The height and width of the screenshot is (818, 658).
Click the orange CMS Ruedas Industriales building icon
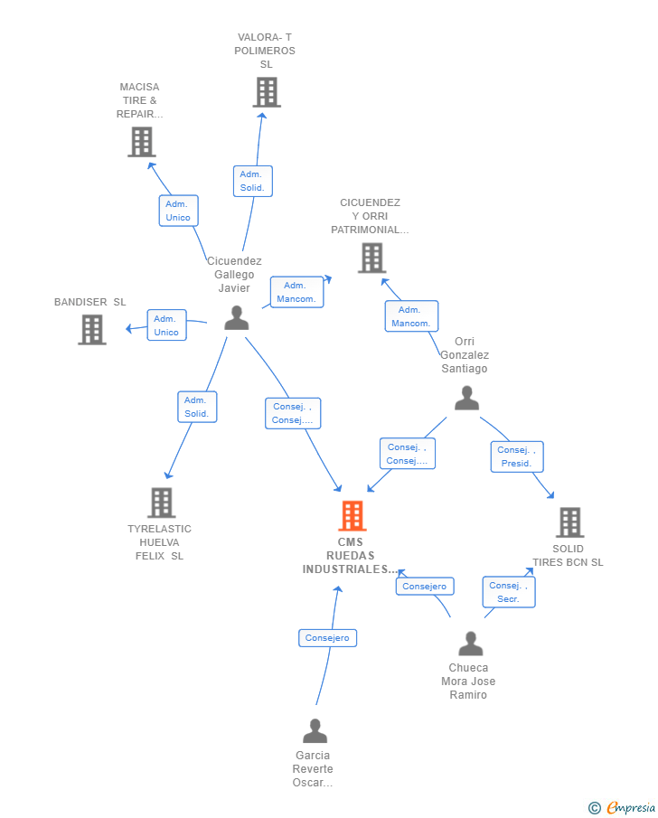point(352,515)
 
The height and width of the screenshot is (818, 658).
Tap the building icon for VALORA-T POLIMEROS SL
point(267,92)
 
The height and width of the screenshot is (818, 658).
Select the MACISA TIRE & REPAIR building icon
point(142,142)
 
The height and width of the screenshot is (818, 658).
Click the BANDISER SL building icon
point(92,330)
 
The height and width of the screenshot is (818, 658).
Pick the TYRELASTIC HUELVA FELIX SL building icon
point(161,503)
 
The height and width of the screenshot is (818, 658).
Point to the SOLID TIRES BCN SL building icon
point(569,522)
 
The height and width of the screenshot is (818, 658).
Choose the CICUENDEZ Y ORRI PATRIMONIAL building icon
point(372,259)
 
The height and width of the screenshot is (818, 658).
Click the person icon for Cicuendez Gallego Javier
point(237,317)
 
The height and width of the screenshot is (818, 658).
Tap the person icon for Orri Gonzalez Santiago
point(466,398)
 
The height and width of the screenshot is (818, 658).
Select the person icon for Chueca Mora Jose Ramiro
point(471,644)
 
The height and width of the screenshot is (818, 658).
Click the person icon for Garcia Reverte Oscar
point(315,731)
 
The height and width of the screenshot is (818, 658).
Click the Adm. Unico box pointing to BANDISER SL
point(167,325)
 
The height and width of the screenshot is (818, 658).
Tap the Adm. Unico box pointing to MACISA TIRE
point(178,211)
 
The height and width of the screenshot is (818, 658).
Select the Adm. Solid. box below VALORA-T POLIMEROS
point(252,181)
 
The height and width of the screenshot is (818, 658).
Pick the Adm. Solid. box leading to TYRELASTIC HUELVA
point(197,407)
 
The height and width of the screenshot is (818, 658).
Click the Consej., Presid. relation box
point(517,456)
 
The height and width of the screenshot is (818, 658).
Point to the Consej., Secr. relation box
point(509,592)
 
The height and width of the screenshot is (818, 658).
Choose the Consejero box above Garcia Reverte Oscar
point(328,638)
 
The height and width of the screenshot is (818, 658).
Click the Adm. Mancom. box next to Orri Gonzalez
point(411,316)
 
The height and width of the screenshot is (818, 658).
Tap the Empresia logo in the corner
point(622,807)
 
